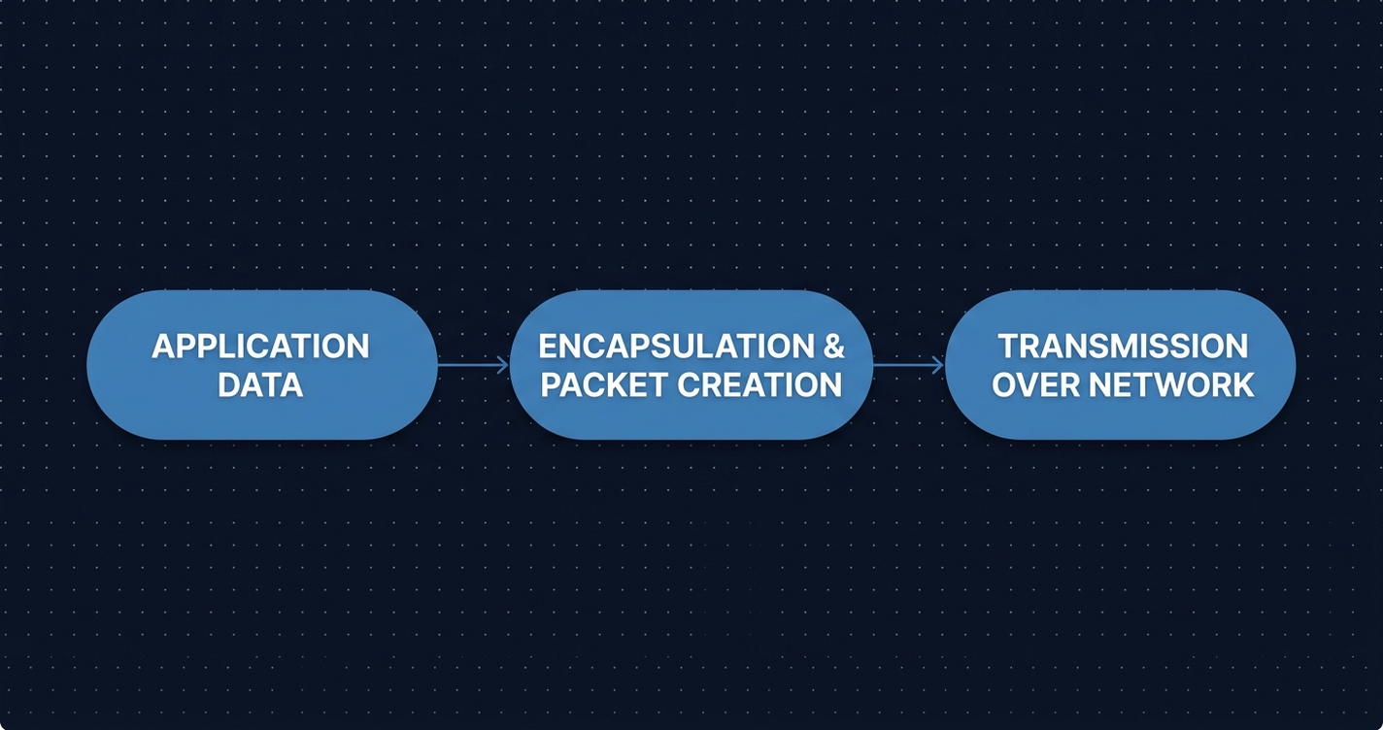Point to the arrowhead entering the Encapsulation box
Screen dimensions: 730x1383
(503, 365)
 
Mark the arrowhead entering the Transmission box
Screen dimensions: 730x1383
(938, 365)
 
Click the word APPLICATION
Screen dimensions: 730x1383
(260, 347)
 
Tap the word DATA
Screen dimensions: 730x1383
(260, 385)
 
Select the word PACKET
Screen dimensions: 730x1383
(604, 385)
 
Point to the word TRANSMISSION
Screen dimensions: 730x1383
(1123, 347)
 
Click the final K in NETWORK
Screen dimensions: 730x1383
(1242, 385)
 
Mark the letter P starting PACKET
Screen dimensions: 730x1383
(552, 385)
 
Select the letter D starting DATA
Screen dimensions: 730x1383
(228, 385)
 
